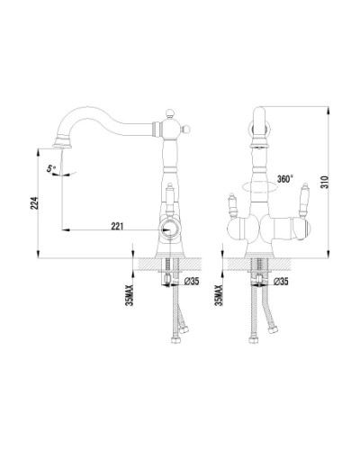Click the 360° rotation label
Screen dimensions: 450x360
[284, 180]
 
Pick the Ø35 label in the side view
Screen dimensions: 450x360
[191, 281]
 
